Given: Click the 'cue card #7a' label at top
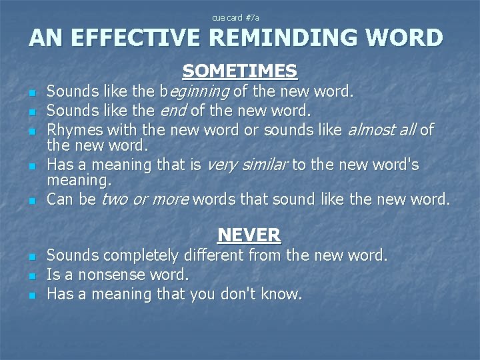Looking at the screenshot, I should [239, 17].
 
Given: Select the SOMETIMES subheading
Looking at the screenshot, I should [239, 71].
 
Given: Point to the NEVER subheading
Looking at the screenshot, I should [249, 235].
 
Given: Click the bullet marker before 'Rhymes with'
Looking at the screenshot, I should [31, 129].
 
